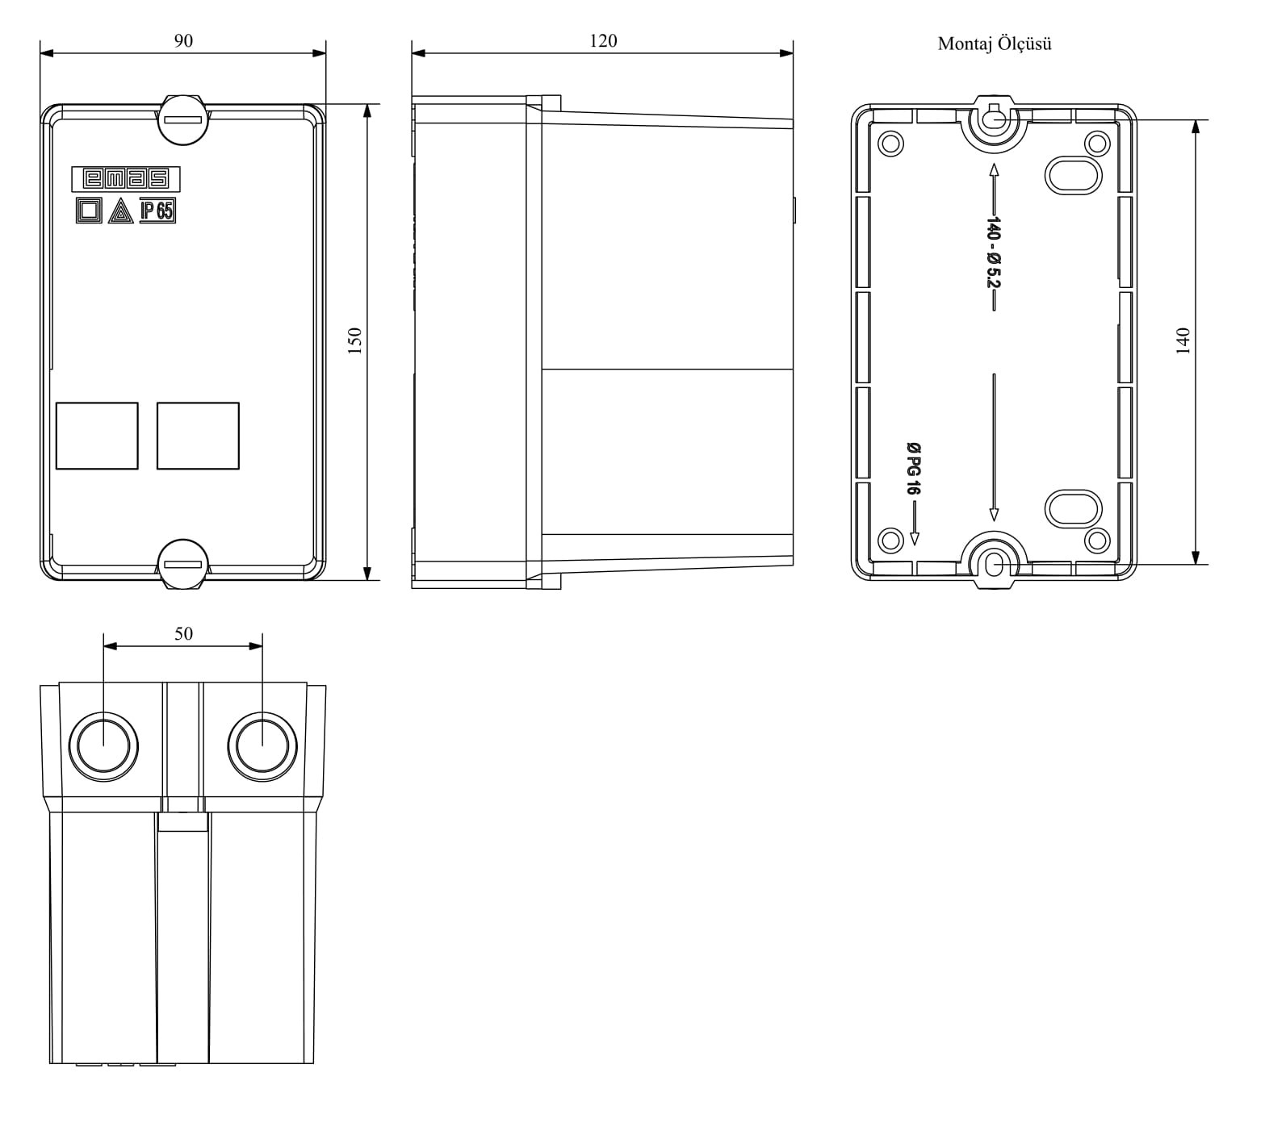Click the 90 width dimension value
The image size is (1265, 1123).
coord(183,40)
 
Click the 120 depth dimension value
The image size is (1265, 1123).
coord(603,40)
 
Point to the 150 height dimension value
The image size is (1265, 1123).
coord(354,341)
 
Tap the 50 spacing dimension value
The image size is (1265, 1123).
coord(183,634)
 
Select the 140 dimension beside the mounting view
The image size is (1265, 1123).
coord(1183,341)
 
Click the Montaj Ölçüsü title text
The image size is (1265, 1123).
coord(995,44)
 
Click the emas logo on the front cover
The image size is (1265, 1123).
coord(126,178)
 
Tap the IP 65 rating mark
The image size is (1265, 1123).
coord(157,211)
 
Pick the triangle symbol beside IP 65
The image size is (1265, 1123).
coord(120,211)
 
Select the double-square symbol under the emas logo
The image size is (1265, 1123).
coord(89,211)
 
